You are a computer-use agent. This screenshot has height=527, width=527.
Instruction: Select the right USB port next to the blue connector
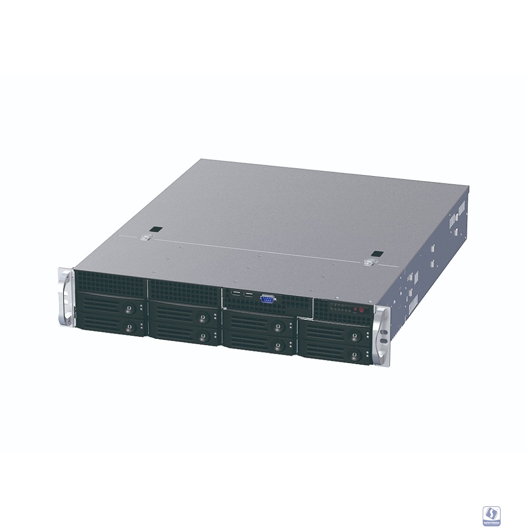point(247,295)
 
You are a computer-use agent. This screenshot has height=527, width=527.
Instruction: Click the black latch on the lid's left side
point(155,230)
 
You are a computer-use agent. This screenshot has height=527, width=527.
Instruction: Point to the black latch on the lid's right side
point(376,254)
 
